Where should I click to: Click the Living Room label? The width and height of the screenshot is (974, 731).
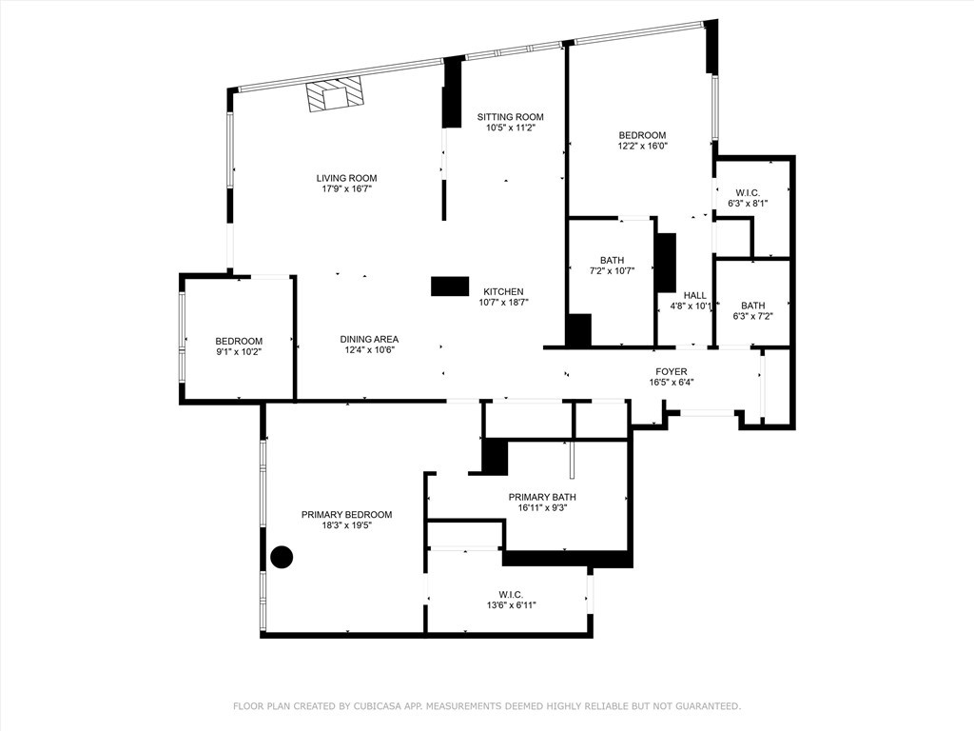point(346,178)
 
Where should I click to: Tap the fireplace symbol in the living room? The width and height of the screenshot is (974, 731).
point(335,95)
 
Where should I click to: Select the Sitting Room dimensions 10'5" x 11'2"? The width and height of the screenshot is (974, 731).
point(510,128)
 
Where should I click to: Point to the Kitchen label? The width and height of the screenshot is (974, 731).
point(502,291)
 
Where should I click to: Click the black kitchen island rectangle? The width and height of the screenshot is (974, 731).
point(450,286)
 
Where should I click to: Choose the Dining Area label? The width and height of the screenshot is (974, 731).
point(369,339)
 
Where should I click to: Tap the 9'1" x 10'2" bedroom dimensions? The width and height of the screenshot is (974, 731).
point(238,352)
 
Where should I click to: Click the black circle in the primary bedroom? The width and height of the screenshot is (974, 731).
point(282,557)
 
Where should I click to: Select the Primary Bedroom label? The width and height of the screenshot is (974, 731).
point(346,515)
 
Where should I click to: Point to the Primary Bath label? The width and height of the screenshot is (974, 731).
point(541,497)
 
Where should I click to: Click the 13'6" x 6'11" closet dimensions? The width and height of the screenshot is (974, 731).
point(511,605)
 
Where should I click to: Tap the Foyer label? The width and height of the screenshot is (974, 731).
point(671,371)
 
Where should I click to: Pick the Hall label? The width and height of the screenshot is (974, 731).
point(694,295)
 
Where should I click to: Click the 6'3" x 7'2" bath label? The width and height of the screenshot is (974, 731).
point(752,317)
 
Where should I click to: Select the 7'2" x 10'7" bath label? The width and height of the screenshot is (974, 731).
point(612,271)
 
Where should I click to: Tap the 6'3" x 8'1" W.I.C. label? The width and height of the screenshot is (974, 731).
point(747,203)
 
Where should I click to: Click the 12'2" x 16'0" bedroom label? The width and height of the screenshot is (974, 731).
point(642,147)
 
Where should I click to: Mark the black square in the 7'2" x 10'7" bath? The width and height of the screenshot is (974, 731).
point(578,330)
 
